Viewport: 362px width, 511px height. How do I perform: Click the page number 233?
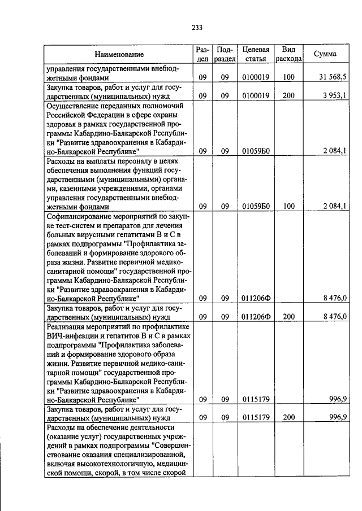pos(197,27)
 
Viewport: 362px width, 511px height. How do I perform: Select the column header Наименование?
pos(119,54)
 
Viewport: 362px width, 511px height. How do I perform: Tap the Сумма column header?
pos(326,54)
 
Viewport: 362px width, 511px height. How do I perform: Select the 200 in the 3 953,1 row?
pos(288,95)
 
